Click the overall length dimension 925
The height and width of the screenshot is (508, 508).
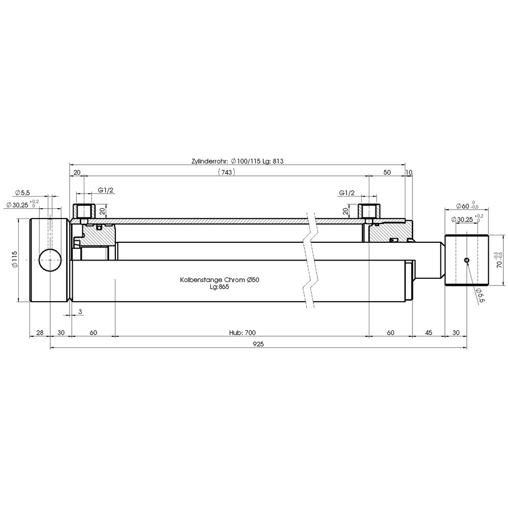tap(258, 344)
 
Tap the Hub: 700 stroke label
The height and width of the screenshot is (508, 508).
tap(242, 332)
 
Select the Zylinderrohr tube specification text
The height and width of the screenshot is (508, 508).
tap(237, 161)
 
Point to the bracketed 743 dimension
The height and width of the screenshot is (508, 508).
tap(227, 172)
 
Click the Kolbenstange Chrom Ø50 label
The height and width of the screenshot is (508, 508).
tap(219, 279)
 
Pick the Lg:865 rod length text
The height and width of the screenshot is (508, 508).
tap(219, 287)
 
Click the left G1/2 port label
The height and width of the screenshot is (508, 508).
tap(106, 190)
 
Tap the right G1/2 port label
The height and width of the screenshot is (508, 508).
tap(347, 193)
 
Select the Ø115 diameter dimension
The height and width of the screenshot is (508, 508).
tap(14, 260)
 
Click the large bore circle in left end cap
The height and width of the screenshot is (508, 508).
tap(50, 260)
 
